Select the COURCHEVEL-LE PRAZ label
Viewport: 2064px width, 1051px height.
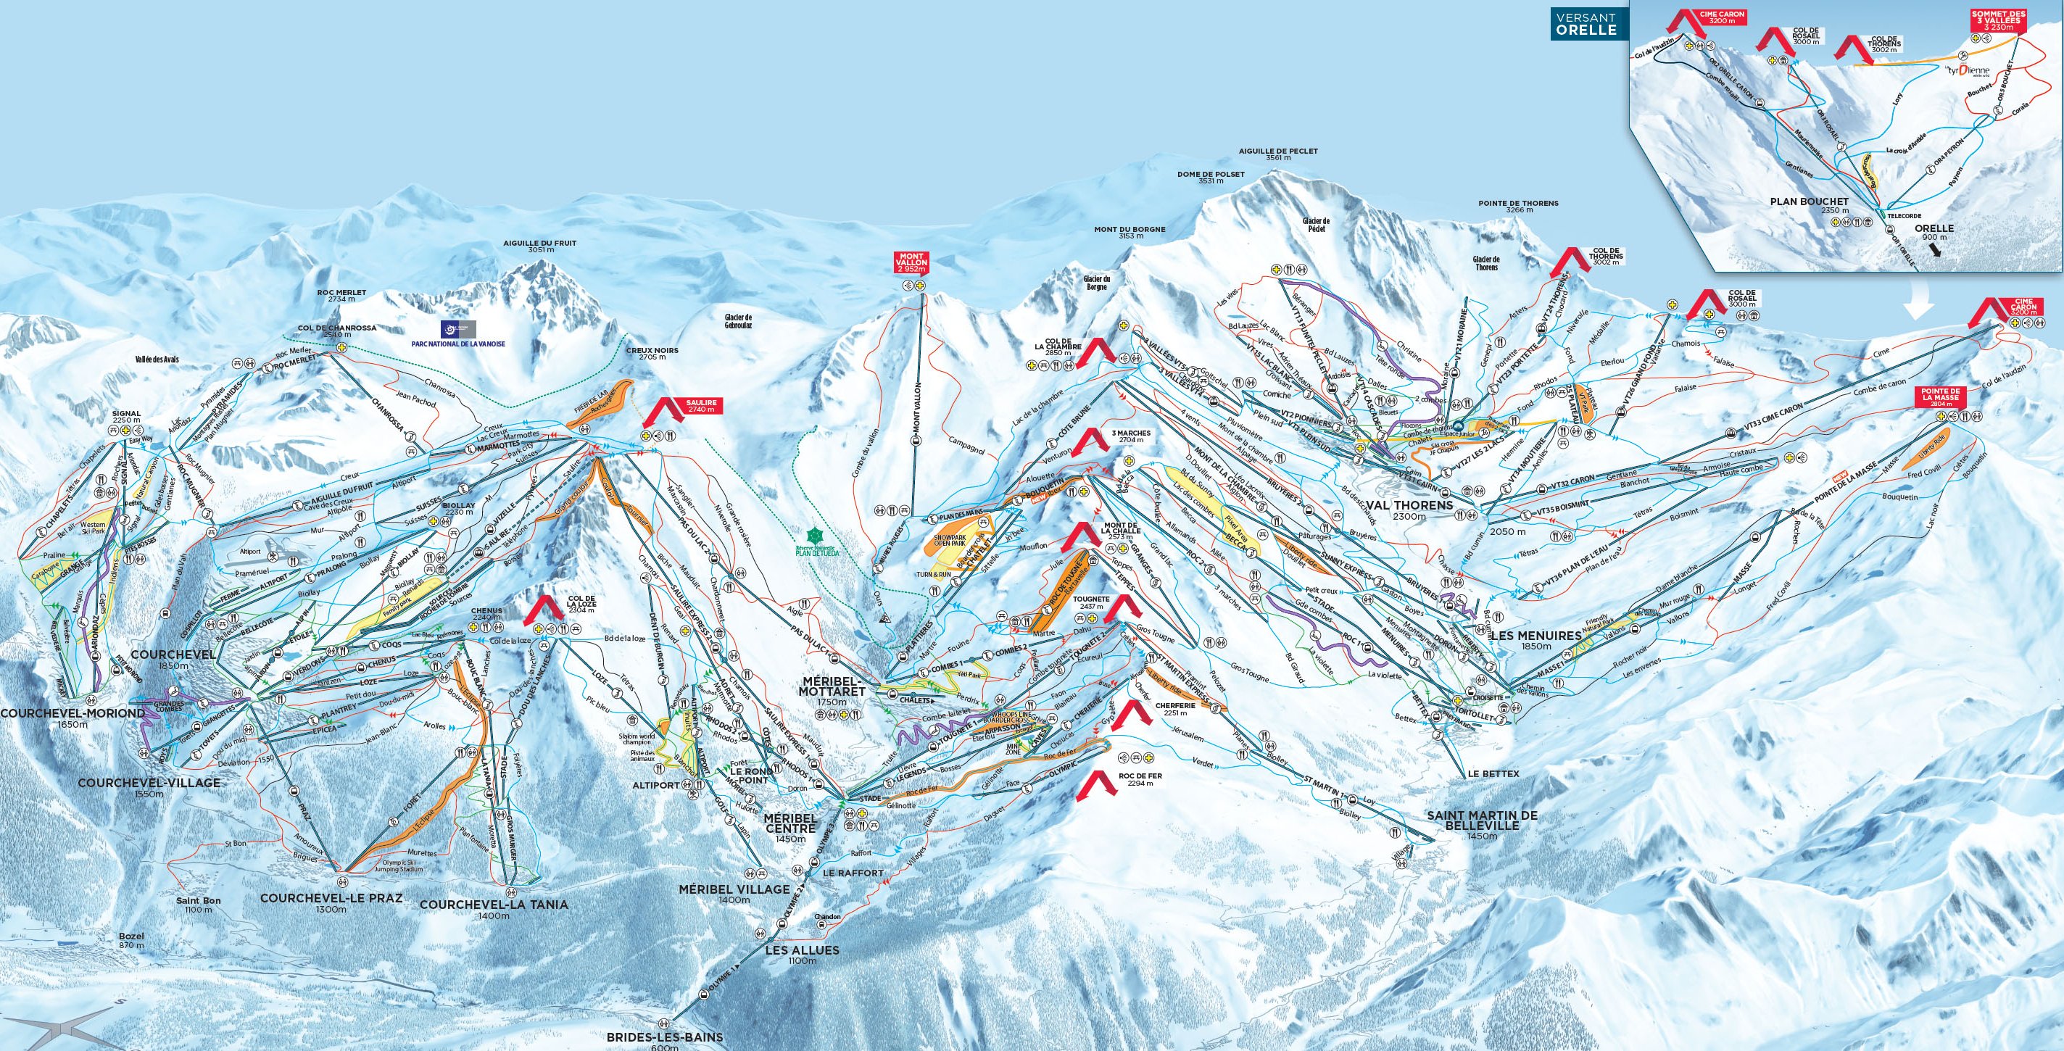(x=331, y=898)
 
